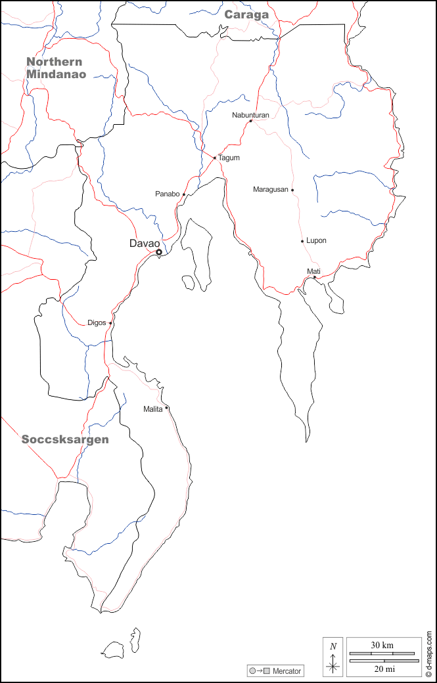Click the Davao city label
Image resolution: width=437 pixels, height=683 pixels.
tap(145, 244)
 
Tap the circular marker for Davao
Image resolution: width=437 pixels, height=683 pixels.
tap(158, 252)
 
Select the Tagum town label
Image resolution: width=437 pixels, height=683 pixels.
tap(229, 158)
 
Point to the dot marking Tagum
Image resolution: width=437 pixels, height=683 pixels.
tap(215, 158)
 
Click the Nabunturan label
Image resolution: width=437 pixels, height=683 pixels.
tap(250, 115)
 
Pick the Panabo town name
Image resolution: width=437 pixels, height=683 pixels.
tap(167, 194)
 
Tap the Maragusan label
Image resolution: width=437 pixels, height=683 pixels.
tap(270, 190)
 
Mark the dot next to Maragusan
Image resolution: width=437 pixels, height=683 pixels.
tap(292, 190)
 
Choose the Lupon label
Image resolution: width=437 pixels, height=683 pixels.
tap(316, 241)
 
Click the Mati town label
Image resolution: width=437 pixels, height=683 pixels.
tap(313, 271)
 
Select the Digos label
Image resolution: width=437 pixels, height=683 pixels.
tap(97, 323)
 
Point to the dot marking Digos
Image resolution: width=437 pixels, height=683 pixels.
tap(110, 323)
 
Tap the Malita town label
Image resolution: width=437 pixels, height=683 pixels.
tap(152, 409)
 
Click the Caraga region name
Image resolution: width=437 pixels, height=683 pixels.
tap(246, 14)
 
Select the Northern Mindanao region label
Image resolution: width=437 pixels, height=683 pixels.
tap(56, 68)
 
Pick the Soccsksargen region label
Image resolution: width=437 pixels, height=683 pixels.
tap(65, 439)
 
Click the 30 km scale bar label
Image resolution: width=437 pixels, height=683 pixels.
tap(382, 646)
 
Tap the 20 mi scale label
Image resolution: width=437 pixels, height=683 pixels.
tap(382, 669)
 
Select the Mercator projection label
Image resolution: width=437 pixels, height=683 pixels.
tap(287, 671)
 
